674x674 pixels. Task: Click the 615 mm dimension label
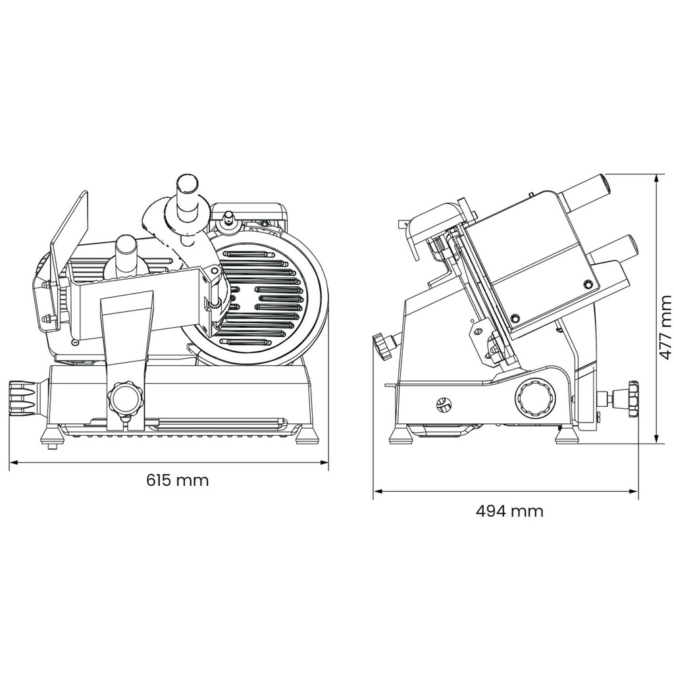click(178, 480)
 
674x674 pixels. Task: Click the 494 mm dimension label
click(509, 511)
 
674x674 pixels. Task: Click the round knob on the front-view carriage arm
click(125, 398)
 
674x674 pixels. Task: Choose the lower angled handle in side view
click(613, 252)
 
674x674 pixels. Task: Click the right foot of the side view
click(567, 436)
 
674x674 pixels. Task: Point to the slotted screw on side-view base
click(443, 404)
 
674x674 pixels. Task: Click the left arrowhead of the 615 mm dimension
click(14, 463)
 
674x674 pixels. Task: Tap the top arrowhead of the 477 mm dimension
click(656, 179)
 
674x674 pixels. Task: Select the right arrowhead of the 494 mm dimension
click(633, 491)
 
